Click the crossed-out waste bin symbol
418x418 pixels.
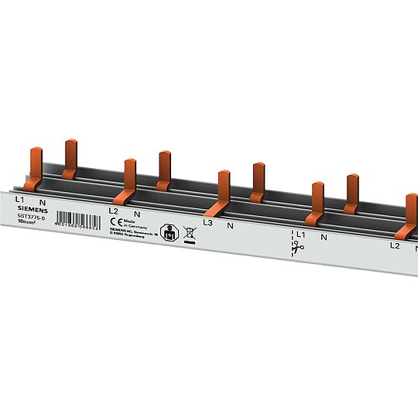(189, 231)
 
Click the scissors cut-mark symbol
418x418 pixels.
(299, 248)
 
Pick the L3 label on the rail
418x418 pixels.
(207, 224)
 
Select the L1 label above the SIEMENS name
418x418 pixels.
(20, 199)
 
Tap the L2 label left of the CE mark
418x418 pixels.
(113, 211)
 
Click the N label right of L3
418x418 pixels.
(230, 225)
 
